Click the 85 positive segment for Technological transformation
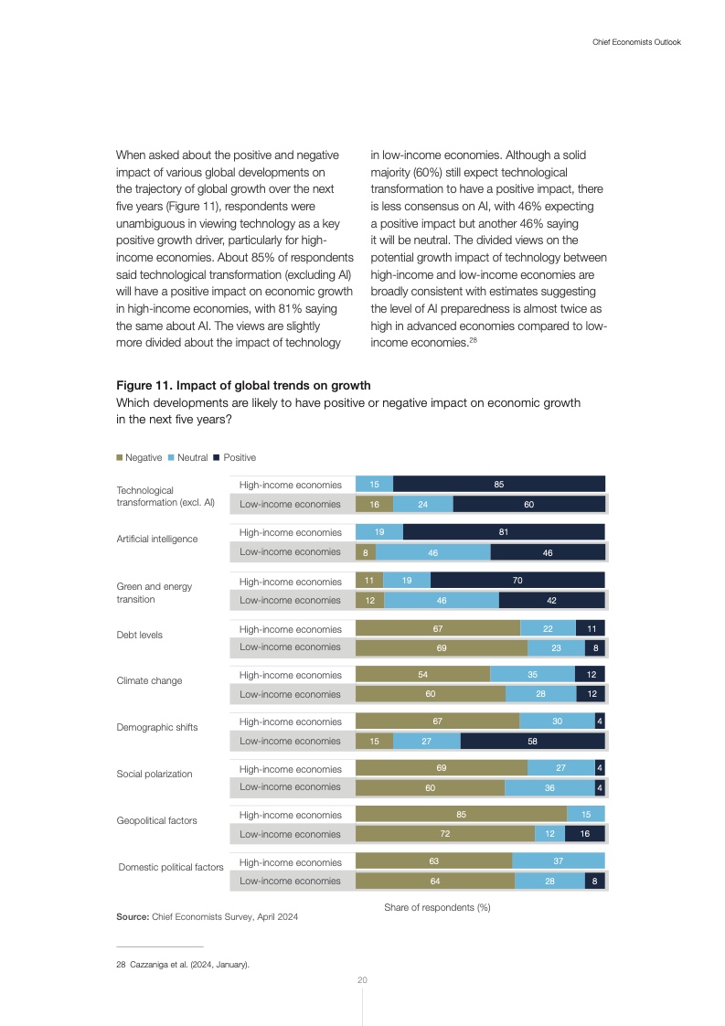pos(499,485)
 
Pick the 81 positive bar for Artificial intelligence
pos(504,532)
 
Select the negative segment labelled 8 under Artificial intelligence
pos(365,552)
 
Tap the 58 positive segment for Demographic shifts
pos(532,742)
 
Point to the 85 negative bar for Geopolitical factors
pos(461,815)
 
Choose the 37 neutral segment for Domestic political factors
pos(559,861)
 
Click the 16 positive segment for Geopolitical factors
pos(584,834)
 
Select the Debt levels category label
pos(140,635)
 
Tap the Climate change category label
pos(149,680)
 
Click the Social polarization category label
pos(155,774)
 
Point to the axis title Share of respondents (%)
pos(438,908)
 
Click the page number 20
pos(362,980)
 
